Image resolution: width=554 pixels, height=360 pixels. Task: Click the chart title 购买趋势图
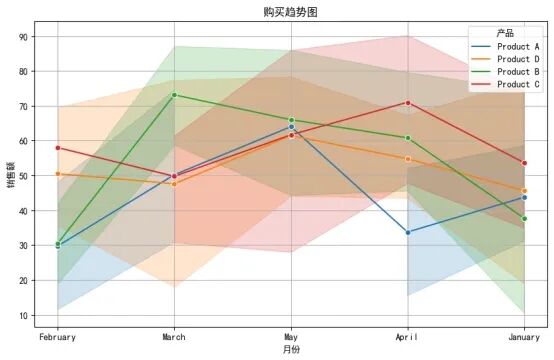tap(290, 12)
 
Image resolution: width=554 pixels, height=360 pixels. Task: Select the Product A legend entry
tap(505, 47)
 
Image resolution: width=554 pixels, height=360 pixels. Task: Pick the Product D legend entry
tap(505, 59)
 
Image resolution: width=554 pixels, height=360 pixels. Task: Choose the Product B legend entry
tap(505, 72)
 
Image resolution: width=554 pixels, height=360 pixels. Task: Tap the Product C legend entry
tap(505, 84)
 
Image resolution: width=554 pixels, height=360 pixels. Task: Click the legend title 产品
tap(505, 34)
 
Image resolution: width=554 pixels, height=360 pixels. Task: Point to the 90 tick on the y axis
tap(22, 37)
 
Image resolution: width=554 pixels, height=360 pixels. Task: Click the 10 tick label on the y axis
tap(22, 315)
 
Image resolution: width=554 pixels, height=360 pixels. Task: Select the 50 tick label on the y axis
tap(22, 176)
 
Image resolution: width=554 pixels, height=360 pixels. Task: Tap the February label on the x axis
tap(57, 337)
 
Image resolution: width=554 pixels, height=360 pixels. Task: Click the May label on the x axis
tap(291, 337)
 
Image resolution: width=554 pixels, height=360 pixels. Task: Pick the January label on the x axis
tap(524, 337)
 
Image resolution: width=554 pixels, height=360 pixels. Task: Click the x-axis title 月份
tap(291, 350)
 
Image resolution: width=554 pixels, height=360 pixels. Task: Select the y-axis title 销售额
tap(11, 175)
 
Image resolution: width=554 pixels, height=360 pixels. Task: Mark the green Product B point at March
tap(174, 95)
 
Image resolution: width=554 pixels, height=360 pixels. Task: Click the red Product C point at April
tap(408, 103)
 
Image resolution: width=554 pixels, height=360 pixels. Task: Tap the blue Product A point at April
tap(408, 232)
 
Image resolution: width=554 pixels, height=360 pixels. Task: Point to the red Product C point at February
tap(58, 148)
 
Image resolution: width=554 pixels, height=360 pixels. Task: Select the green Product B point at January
tap(524, 219)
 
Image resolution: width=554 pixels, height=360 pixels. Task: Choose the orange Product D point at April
tap(408, 159)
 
